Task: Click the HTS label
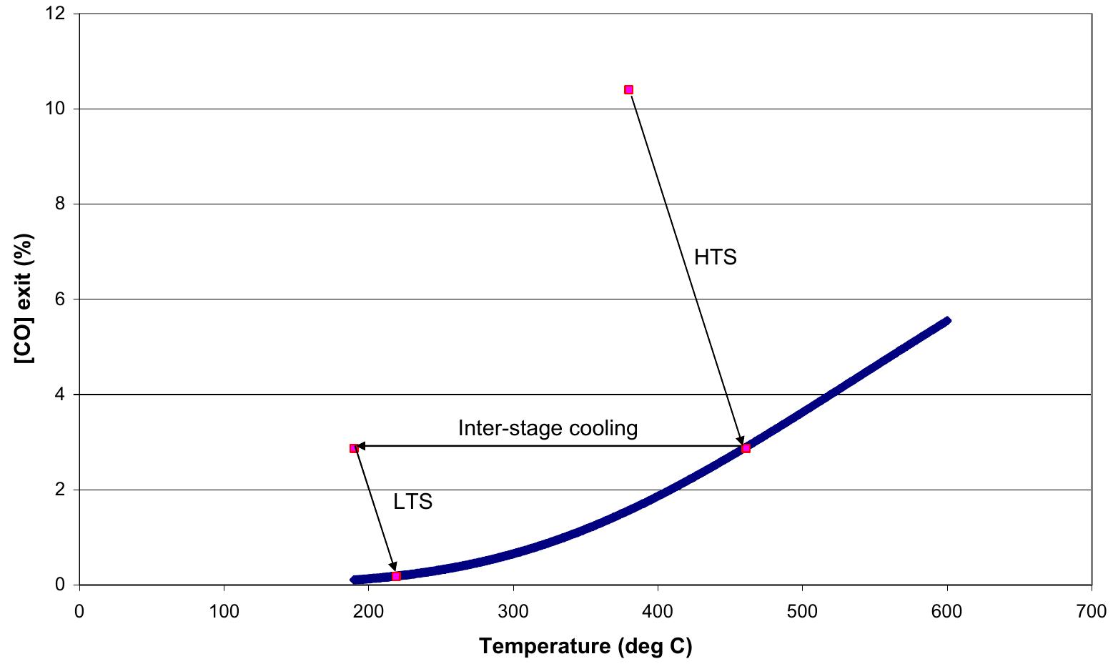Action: click(715, 257)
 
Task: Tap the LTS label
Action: click(412, 502)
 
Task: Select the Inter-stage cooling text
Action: click(548, 428)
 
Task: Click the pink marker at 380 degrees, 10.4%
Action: click(628, 90)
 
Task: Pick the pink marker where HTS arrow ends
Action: click(746, 448)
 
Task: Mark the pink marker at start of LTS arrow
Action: click(353, 448)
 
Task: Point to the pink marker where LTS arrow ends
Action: click(396, 575)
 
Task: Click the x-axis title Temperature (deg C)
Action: click(585, 646)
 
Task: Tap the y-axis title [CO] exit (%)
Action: click(24, 299)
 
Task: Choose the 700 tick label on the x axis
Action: click(1092, 612)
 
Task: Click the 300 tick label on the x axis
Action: click(513, 612)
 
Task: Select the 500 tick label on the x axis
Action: click(802, 612)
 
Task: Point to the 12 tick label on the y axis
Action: click(58, 14)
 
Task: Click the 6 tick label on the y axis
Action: click(61, 299)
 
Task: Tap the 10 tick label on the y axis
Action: click(58, 109)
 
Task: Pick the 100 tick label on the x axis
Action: click(224, 612)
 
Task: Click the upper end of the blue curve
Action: click(946, 321)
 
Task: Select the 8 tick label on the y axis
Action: click(61, 204)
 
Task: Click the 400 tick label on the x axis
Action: click(658, 612)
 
